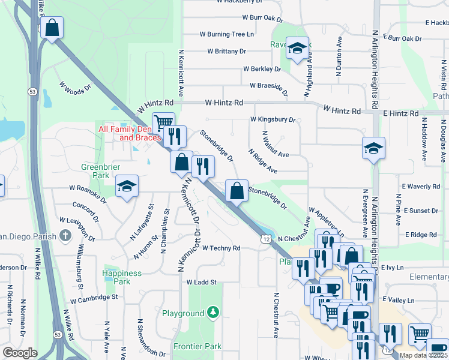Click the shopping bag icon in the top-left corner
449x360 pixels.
52,28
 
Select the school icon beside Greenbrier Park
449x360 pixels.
127,187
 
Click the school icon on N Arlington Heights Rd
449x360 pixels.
373,148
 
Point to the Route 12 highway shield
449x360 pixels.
265,239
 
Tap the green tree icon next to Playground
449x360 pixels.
212,313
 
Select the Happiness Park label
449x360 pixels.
122,277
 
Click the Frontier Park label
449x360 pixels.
197,346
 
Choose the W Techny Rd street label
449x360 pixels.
221,248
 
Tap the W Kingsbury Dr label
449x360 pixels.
273,120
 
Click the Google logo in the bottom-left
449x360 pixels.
20,353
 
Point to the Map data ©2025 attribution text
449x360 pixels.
423,355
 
